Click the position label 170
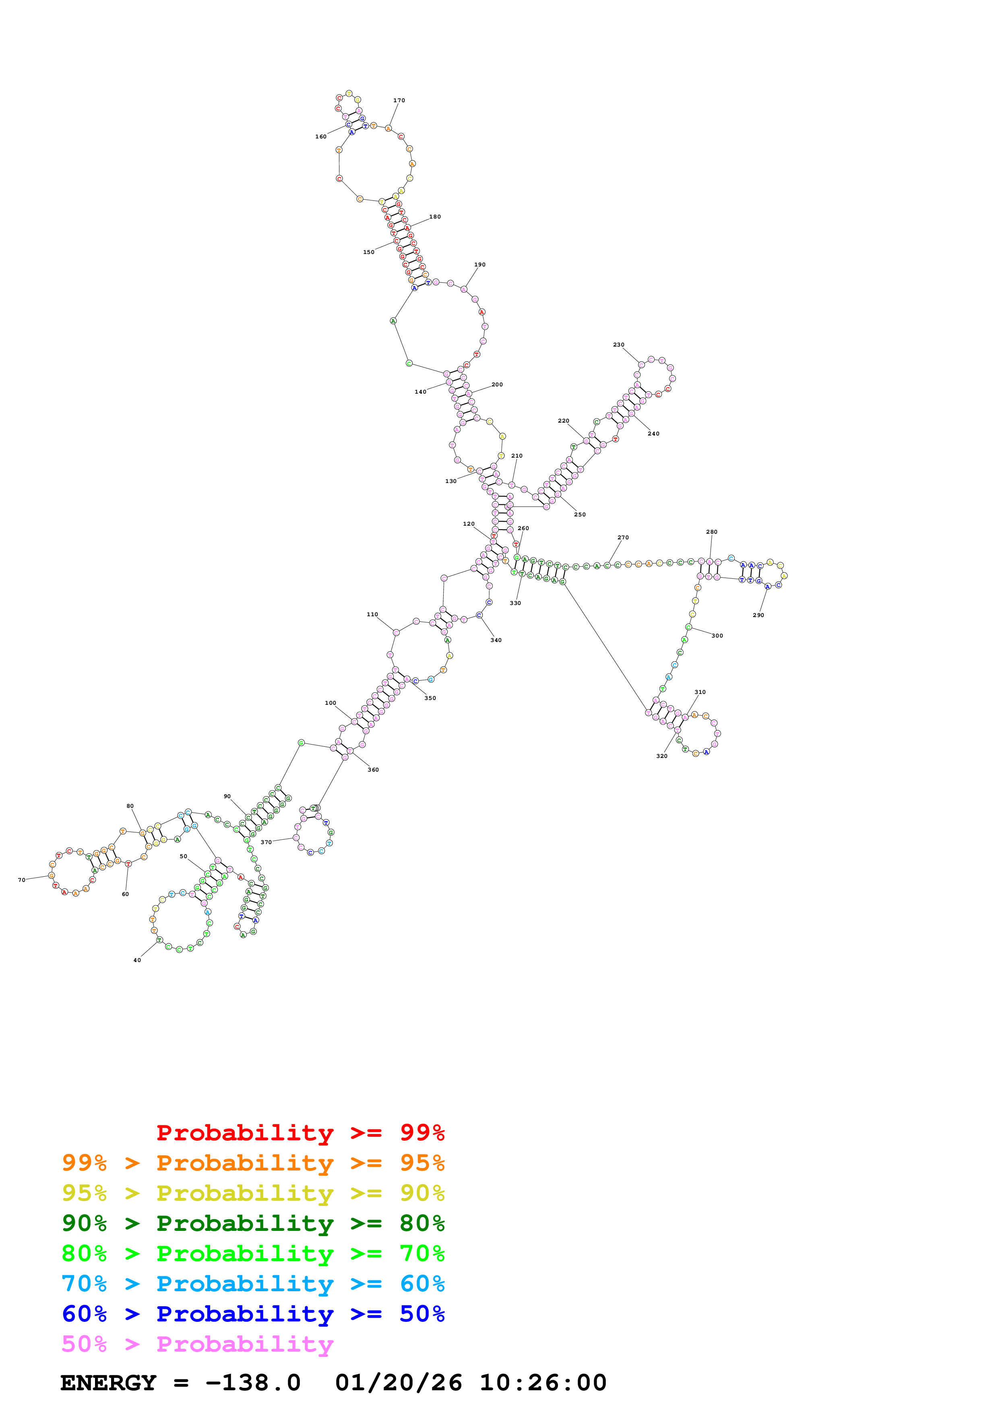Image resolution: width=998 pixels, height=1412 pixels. pyautogui.click(x=399, y=100)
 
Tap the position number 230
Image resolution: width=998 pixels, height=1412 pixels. pyautogui.click(x=619, y=345)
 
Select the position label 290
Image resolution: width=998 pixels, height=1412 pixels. pyautogui.click(x=758, y=615)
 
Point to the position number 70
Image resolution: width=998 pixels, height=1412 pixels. pyautogui.click(x=21, y=880)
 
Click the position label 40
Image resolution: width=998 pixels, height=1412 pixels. pyautogui.click(x=137, y=960)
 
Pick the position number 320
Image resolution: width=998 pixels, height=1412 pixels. pyautogui.click(x=662, y=756)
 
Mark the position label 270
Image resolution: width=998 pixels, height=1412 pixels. pyautogui.click(x=623, y=537)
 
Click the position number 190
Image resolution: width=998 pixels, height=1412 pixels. pyautogui.click(x=479, y=264)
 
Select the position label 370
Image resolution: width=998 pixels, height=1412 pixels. pyautogui.click(x=266, y=842)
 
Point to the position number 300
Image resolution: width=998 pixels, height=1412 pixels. pyautogui.click(x=717, y=636)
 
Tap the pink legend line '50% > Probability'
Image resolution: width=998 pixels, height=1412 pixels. pyautogui.click(x=197, y=1344)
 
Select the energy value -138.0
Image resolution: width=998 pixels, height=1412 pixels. pyautogui.click(x=253, y=1383)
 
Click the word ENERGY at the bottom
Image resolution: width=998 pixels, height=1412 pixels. pyautogui.click(x=108, y=1383)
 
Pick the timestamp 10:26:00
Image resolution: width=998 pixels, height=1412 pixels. pyautogui.click(x=543, y=1383)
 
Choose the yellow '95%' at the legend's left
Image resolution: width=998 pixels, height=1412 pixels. pyautogui.click(x=84, y=1193)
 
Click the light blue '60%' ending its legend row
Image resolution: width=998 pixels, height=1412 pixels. pyautogui.click(x=422, y=1284)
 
